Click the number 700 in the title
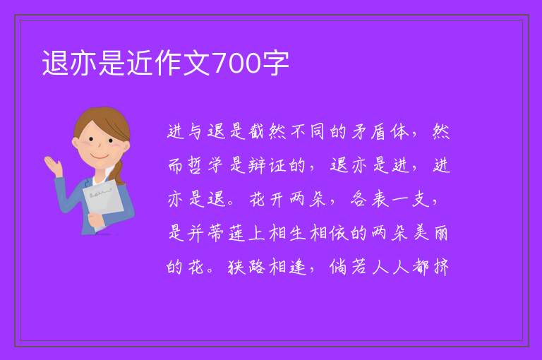pyautogui.click(x=236, y=64)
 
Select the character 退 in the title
pyautogui.click(x=55, y=64)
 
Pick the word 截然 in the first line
pyautogui.click(x=267, y=132)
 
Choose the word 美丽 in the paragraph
pyautogui.click(x=430, y=233)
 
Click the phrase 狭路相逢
pyautogui.click(x=267, y=267)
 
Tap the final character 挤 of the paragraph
pyautogui.click(x=441, y=267)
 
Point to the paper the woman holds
pyautogui.click(x=103, y=203)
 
